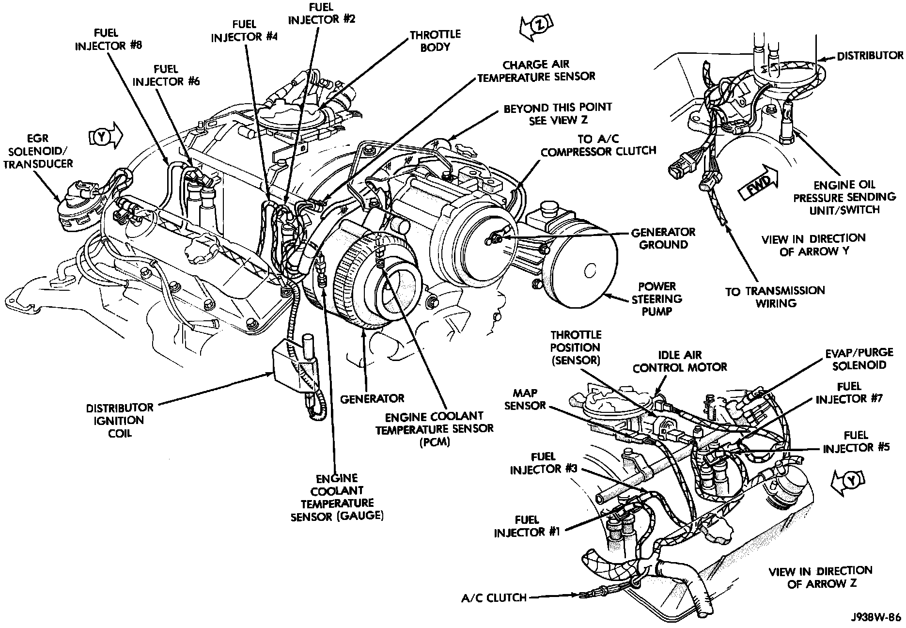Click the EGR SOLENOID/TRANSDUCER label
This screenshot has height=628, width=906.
pyautogui.click(x=38, y=152)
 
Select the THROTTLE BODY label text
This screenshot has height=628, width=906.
pyautogui.click(x=435, y=41)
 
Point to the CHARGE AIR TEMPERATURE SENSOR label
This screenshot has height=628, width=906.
pyautogui.click(x=536, y=71)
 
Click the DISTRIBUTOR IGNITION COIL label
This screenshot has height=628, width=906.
pyautogui.click(x=120, y=420)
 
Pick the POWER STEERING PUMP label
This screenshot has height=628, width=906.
pyautogui.click(x=656, y=299)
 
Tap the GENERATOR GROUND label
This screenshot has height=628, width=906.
pyautogui.click(x=663, y=238)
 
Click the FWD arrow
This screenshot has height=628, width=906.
pyautogui.click(x=757, y=183)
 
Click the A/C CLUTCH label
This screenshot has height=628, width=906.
pyautogui.click(x=494, y=597)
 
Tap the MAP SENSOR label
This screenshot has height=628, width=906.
pyautogui.click(x=525, y=399)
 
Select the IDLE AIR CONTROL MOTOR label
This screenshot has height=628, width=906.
pyautogui.click(x=680, y=361)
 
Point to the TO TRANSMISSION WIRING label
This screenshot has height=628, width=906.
pyautogui.click(x=775, y=297)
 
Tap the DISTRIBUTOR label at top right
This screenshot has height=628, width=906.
pyautogui.click(x=870, y=56)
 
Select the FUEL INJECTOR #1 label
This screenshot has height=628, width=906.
pyautogui.click(x=527, y=526)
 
